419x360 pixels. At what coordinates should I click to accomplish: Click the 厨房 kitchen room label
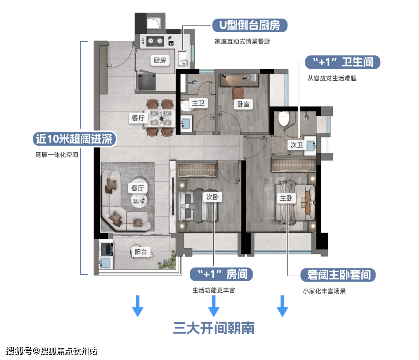pos(160,61)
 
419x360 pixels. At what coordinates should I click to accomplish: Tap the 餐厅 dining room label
pos(138,118)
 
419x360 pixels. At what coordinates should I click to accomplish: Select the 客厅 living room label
pos(138,188)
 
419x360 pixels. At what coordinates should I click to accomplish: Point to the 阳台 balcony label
pos(140,252)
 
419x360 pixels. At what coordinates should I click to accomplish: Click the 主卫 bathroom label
pos(198,103)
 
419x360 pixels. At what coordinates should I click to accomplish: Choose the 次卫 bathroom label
pos(297,145)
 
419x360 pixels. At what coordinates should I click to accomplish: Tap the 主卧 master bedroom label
pos(286,198)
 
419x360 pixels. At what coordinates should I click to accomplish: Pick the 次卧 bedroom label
pos(213,197)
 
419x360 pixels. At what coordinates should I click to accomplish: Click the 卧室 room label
pos(243,104)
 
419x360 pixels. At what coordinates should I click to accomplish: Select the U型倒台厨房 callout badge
pos(250,25)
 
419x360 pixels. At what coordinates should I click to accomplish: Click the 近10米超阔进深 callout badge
pos(75,139)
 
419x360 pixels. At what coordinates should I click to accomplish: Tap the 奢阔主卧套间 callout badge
pos(338,275)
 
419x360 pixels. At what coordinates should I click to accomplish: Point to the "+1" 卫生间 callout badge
pos(343,62)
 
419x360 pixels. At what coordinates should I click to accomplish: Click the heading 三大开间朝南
pos(214,328)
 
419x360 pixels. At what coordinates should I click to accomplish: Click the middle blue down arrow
pos(214,306)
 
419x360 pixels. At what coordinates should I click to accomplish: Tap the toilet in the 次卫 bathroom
pos(284,118)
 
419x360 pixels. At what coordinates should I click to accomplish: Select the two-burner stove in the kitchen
pos(155,41)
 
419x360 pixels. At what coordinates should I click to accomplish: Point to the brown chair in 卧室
pos(237,93)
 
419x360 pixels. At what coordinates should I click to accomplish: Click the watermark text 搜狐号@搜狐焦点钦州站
pos(52,351)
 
